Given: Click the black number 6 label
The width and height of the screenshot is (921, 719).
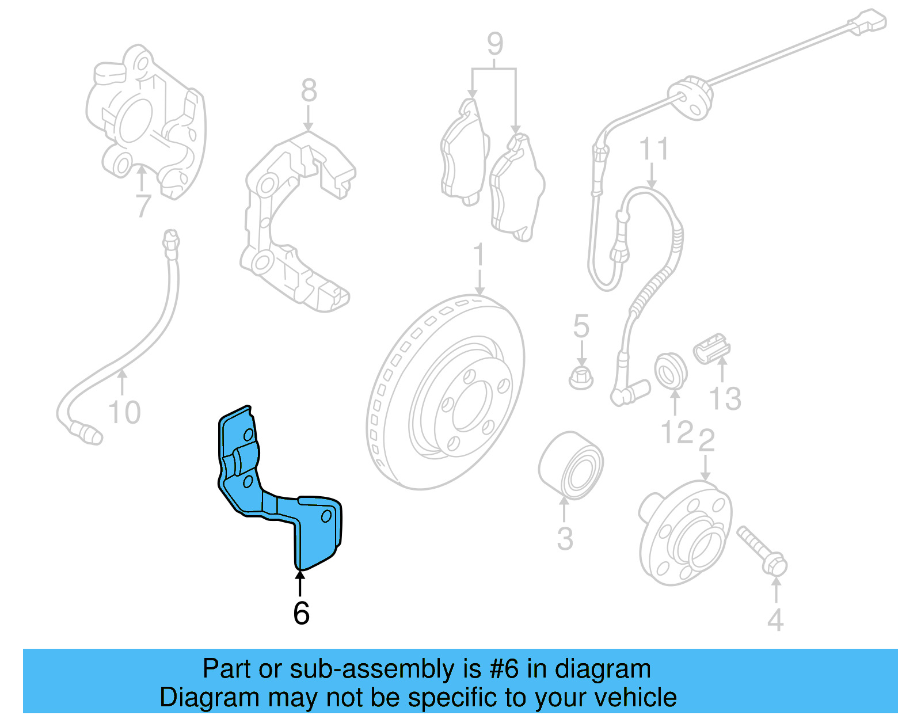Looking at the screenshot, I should tap(301, 614).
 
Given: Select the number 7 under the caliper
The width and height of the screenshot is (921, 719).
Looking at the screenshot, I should tap(142, 206).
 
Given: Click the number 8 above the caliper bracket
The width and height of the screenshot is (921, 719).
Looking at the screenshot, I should tap(309, 91).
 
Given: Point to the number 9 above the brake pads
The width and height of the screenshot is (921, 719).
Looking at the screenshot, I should tap(495, 44).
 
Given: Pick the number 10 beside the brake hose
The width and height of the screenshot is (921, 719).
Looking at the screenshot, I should tap(124, 413).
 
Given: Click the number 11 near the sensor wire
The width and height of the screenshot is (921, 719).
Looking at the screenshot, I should tap(654, 149).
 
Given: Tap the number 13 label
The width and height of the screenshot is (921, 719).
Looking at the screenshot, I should tap(725, 398).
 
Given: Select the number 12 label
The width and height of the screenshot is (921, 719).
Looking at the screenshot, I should tap(677, 433).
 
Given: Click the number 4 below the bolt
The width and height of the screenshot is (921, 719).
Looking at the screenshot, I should tap(775, 620).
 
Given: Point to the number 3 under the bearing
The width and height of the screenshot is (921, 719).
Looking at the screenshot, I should tap(565, 539).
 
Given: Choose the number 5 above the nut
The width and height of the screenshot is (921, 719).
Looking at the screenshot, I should tap(581, 326).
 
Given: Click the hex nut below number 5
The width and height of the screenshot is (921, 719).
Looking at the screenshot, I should tap(581, 378).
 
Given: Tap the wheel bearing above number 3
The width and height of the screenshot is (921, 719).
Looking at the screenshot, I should tap(570, 464).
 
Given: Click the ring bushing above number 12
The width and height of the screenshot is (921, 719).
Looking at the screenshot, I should tap(671, 371).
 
